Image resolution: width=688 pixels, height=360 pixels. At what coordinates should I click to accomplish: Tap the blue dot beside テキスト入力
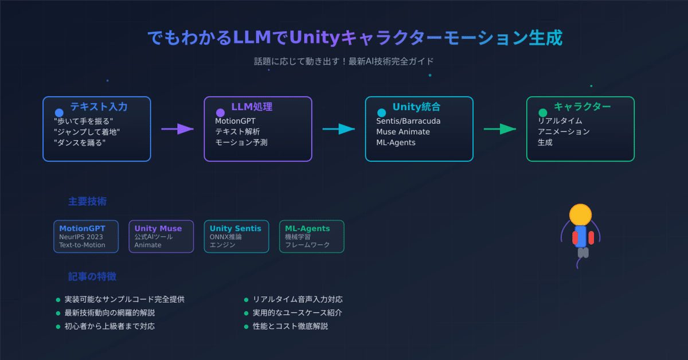[59, 113]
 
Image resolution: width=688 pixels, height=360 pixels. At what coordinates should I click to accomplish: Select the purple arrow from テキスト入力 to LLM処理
[177, 129]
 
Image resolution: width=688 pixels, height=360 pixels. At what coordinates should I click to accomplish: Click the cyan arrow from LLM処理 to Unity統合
[339, 129]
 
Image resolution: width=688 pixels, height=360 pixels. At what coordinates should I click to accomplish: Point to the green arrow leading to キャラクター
[500, 129]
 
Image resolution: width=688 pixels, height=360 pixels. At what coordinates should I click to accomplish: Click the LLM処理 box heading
[251, 107]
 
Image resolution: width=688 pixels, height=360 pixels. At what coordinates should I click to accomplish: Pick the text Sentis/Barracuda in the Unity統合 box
[408, 121]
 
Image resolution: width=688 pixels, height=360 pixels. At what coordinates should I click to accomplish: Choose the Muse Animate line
[402, 132]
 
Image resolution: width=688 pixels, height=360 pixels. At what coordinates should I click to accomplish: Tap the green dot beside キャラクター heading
[543, 113]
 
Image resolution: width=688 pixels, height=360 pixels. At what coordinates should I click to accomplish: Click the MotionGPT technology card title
[82, 229]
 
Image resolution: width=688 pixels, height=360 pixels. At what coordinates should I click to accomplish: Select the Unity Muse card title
[158, 229]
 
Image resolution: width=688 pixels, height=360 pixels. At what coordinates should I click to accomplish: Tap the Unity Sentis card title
[235, 229]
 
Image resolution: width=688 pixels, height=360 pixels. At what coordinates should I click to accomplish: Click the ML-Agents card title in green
[307, 229]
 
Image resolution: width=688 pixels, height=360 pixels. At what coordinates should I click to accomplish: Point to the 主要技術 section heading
[87, 202]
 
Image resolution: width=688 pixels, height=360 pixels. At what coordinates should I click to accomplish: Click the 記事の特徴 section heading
[92, 276]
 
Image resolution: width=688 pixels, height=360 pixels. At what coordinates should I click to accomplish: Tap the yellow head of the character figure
[581, 214]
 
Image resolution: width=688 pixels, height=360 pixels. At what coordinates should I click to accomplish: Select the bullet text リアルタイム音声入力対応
[298, 300]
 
